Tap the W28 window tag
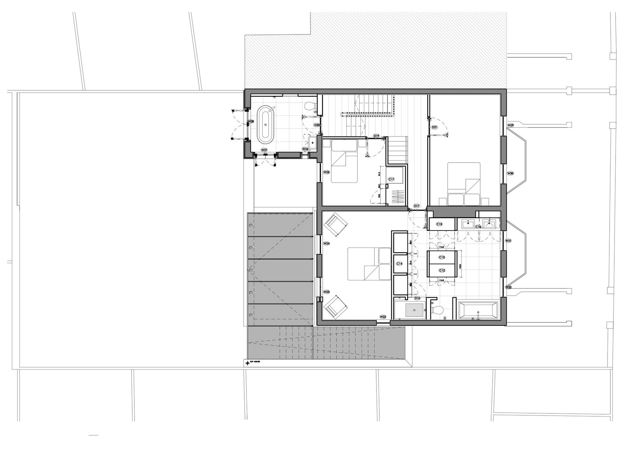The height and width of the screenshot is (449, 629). click(x=251, y=121)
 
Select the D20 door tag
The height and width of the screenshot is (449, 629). click(x=317, y=125)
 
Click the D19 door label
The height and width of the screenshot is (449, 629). click(x=376, y=135)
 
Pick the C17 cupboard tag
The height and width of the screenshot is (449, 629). click(x=391, y=179)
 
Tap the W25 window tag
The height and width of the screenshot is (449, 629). click(x=326, y=172)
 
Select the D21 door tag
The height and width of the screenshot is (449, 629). click(x=434, y=127)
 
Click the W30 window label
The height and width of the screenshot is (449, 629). click(x=511, y=173)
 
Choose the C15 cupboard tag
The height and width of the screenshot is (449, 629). click(x=439, y=224)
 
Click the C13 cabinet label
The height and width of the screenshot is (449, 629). click(x=442, y=258)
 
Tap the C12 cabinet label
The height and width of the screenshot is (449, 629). click(x=442, y=270)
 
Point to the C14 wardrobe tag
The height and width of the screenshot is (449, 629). click(x=399, y=264)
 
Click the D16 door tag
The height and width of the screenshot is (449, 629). click(x=417, y=298)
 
